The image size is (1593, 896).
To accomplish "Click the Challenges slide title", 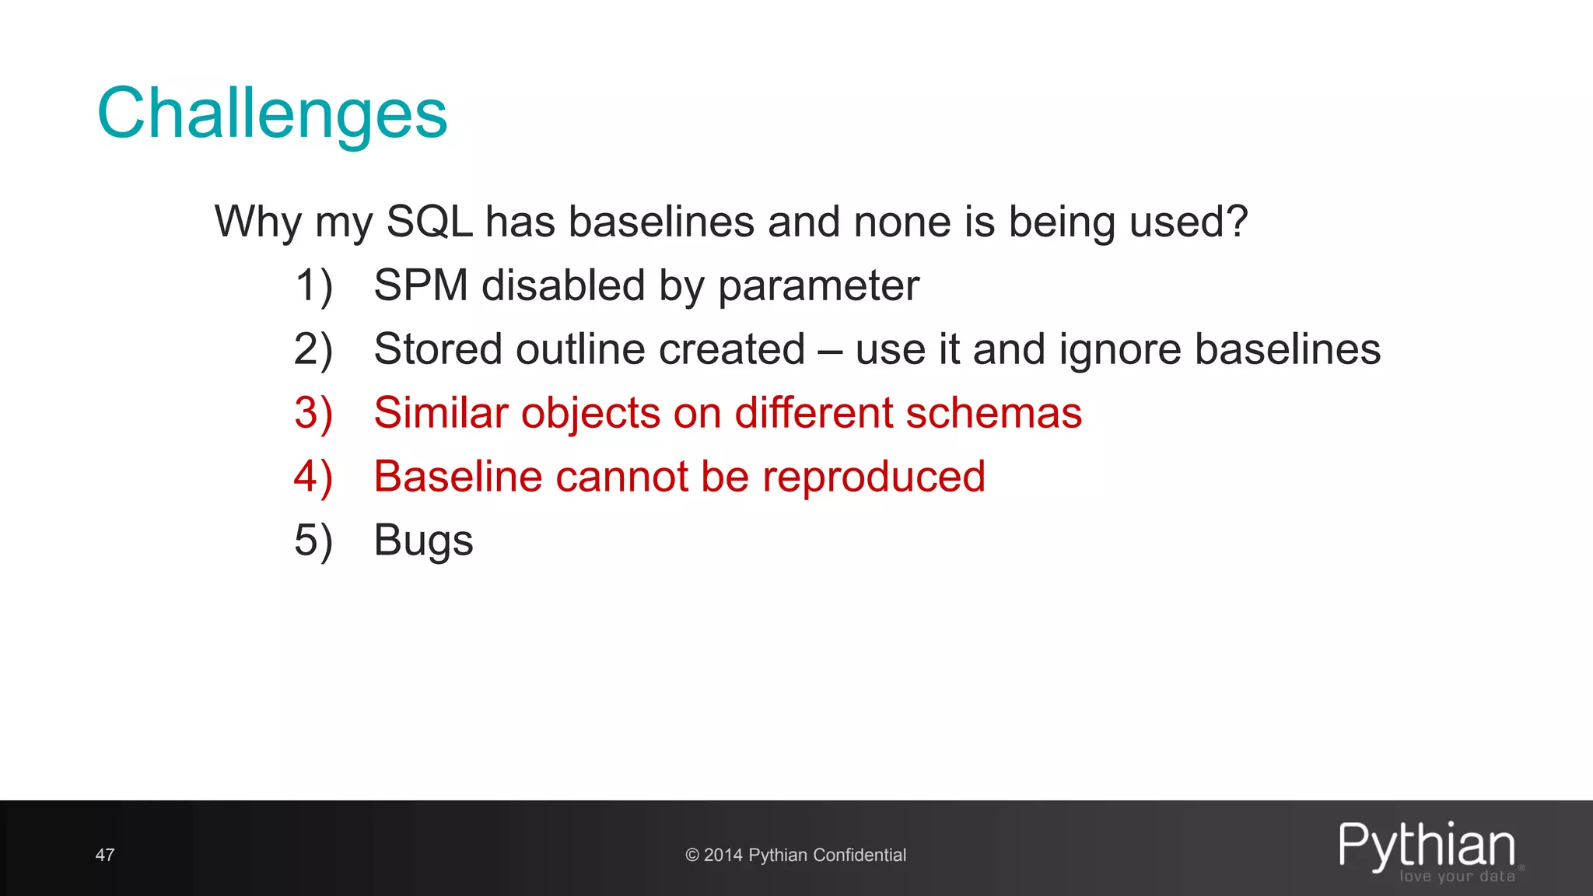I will click(271, 114).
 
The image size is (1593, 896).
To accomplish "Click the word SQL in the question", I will click(429, 222).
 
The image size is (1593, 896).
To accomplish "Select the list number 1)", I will click(313, 285).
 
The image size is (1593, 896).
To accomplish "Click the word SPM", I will click(420, 285).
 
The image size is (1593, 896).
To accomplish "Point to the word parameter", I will click(818, 287).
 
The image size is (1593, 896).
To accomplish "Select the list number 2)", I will click(313, 349).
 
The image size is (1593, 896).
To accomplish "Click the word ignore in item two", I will click(1119, 351).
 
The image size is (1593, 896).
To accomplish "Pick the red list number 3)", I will click(313, 413).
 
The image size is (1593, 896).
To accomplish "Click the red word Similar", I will click(440, 413).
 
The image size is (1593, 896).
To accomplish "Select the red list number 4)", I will click(313, 477).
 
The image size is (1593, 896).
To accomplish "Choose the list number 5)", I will click(313, 541).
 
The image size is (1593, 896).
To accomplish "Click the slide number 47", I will click(105, 856).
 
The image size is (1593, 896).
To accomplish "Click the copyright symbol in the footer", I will click(691, 856).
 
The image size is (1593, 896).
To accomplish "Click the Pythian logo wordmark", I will click(1427, 846).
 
